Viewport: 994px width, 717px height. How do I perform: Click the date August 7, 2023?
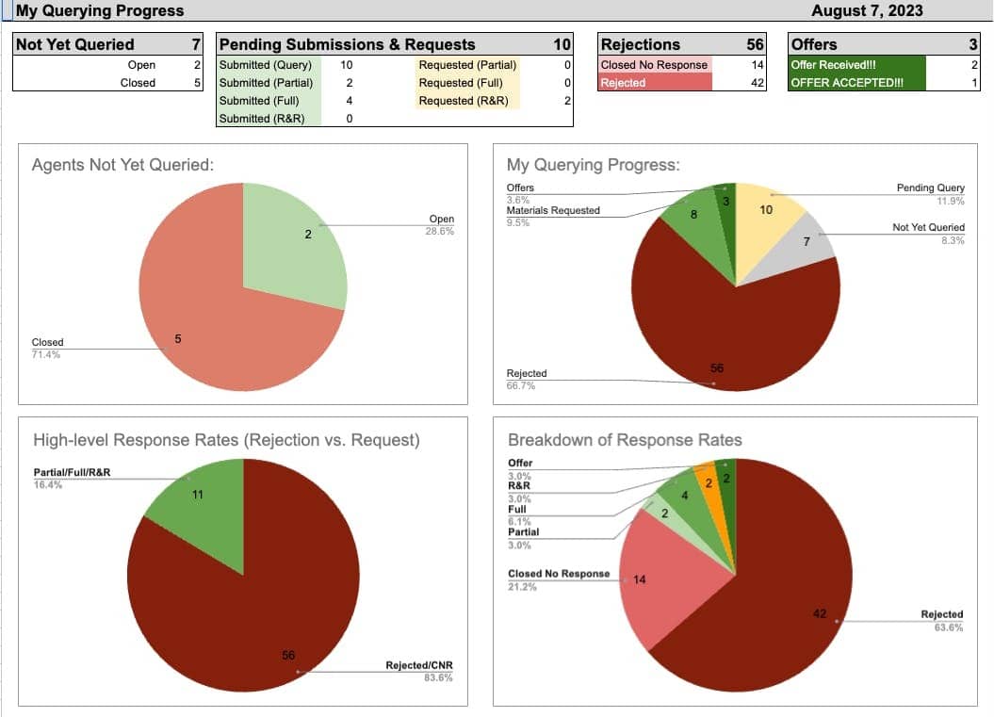pos(867,11)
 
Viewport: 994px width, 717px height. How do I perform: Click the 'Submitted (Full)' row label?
pos(259,100)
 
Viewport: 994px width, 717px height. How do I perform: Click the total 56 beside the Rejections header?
pos(755,44)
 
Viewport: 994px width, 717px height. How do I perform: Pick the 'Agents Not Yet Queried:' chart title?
pos(122,165)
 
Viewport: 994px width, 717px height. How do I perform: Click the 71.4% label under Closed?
pos(46,354)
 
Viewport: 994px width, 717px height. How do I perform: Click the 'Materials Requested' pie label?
pos(553,210)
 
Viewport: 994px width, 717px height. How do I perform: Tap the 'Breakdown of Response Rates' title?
pos(625,440)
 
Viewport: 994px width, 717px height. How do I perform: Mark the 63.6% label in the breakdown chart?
pos(949,627)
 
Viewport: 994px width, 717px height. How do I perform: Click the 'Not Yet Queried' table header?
pos(75,44)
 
